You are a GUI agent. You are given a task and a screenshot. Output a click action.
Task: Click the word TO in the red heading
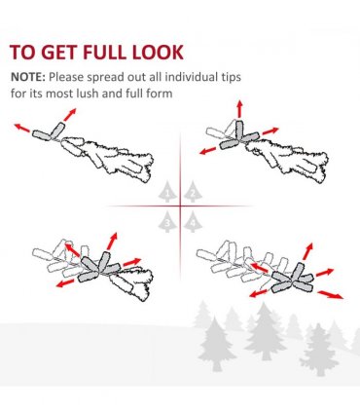(x=22, y=52)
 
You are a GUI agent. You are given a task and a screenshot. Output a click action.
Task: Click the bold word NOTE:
(x=28, y=77)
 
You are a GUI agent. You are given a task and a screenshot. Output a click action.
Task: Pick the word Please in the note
(x=65, y=77)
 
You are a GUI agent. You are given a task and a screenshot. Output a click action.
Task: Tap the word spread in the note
(x=104, y=78)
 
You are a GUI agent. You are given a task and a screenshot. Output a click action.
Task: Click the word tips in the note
(x=230, y=78)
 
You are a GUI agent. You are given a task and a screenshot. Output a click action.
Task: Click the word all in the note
(x=156, y=77)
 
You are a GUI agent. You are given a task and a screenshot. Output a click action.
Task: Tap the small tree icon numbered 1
(x=167, y=192)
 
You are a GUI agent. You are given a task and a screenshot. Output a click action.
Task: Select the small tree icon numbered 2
(x=193, y=192)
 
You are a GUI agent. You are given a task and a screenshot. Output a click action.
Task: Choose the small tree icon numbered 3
(x=167, y=221)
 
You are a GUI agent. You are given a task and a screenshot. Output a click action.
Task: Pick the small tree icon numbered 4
(x=193, y=221)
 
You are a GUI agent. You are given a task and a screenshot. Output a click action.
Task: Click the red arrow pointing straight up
(x=239, y=109)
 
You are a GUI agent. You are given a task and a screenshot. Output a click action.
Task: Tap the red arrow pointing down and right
(x=331, y=295)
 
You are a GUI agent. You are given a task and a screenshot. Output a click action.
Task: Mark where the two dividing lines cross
(x=180, y=206)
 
